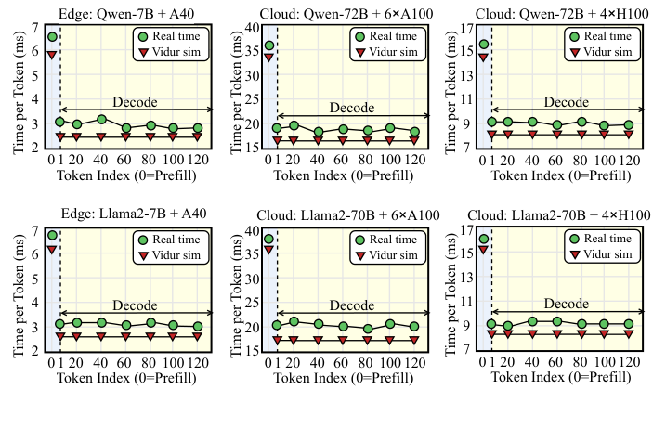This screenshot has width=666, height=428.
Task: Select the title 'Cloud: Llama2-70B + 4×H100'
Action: point(557,214)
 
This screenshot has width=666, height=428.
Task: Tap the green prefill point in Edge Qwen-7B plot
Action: point(52,36)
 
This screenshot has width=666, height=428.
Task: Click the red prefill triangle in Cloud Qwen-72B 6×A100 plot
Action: point(268,58)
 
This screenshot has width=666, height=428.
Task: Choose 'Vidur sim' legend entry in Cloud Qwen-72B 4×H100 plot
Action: point(602,51)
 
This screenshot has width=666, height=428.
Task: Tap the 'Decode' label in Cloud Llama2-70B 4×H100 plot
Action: point(566,303)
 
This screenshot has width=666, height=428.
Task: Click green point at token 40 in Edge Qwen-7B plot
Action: point(101,119)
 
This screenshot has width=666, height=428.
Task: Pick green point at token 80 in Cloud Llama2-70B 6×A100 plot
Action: point(367,329)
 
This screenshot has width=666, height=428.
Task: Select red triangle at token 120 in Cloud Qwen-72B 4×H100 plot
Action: point(629,134)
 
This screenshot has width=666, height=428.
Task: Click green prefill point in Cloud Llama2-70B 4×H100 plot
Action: point(484,240)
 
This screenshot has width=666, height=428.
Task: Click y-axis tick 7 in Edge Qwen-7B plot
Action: point(34,27)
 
